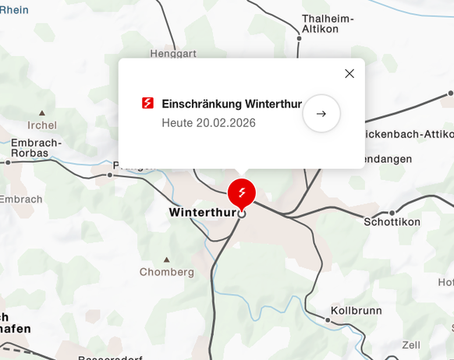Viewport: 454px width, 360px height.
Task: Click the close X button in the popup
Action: point(349,73)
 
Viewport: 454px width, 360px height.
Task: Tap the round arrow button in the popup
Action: point(321,114)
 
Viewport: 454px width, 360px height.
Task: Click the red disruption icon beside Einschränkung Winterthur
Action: point(147,103)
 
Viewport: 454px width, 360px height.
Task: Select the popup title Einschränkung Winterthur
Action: point(232,104)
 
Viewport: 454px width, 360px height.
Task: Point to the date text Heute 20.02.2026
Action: point(208,122)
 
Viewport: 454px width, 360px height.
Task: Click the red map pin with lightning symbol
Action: point(242,192)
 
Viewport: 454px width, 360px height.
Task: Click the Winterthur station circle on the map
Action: point(242,214)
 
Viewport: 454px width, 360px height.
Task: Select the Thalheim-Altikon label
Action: point(328,24)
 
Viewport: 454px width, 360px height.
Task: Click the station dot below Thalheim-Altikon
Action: point(299,37)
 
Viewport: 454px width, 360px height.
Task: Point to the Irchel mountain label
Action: point(41,125)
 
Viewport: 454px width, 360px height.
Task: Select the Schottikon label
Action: point(392,222)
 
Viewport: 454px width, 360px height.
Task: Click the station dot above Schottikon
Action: point(392,211)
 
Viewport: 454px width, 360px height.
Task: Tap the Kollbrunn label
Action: point(356,310)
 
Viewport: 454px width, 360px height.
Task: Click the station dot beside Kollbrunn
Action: point(328,319)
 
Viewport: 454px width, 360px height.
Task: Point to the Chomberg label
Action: point(166,272)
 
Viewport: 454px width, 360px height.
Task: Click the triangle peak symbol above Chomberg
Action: point(166,259)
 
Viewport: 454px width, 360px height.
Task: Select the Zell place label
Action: point(410,344)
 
